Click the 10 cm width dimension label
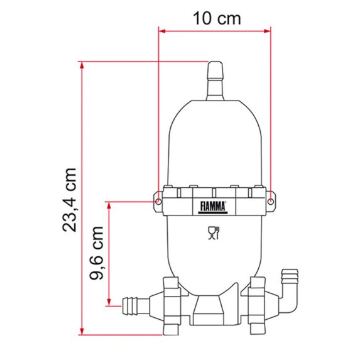[x=216, y=18]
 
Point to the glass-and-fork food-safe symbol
[x=214, y=234]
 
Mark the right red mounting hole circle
[x=271, y=201]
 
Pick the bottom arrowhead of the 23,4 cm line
[x=82, y=331]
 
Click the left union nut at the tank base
[x=172, y=305]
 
